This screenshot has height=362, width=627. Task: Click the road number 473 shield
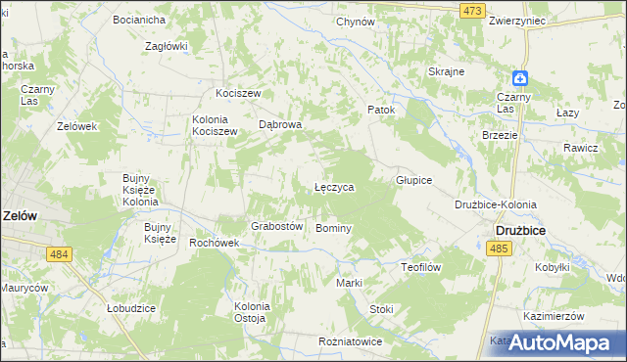pos(473,10)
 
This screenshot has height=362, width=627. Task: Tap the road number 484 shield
pos(58,254)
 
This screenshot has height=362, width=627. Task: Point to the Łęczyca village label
pos(333,186)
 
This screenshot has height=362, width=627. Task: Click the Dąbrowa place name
pos(279,125)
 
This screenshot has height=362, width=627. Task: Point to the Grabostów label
pos(275,226)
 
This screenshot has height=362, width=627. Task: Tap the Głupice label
pos(413,181)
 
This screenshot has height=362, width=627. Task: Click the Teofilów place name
pos(421,266)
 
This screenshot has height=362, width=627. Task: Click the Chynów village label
pos(356,22)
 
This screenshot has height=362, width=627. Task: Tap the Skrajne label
pos(446,71)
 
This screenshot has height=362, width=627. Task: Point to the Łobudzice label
pos(131,307)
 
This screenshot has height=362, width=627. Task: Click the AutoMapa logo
pos(555,342)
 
